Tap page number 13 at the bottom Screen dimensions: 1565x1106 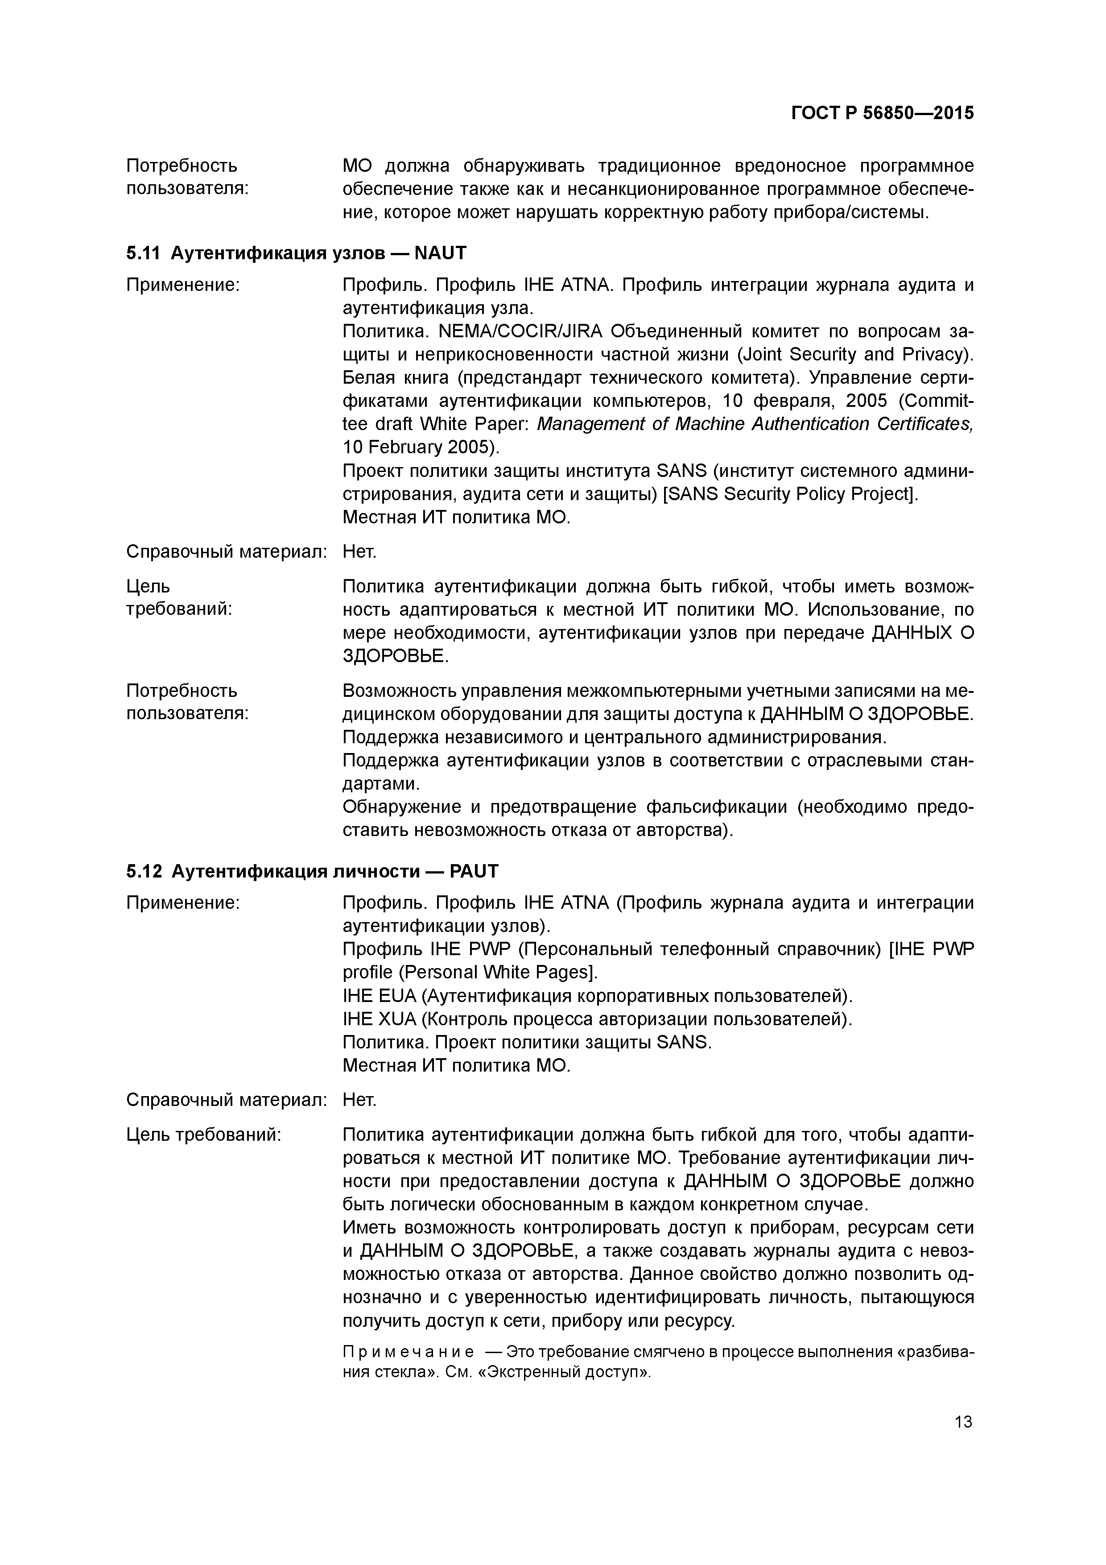click(963, 1422)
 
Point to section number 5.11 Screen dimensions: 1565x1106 click(142, 253)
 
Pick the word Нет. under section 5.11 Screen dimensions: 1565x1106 click(359, 551)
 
